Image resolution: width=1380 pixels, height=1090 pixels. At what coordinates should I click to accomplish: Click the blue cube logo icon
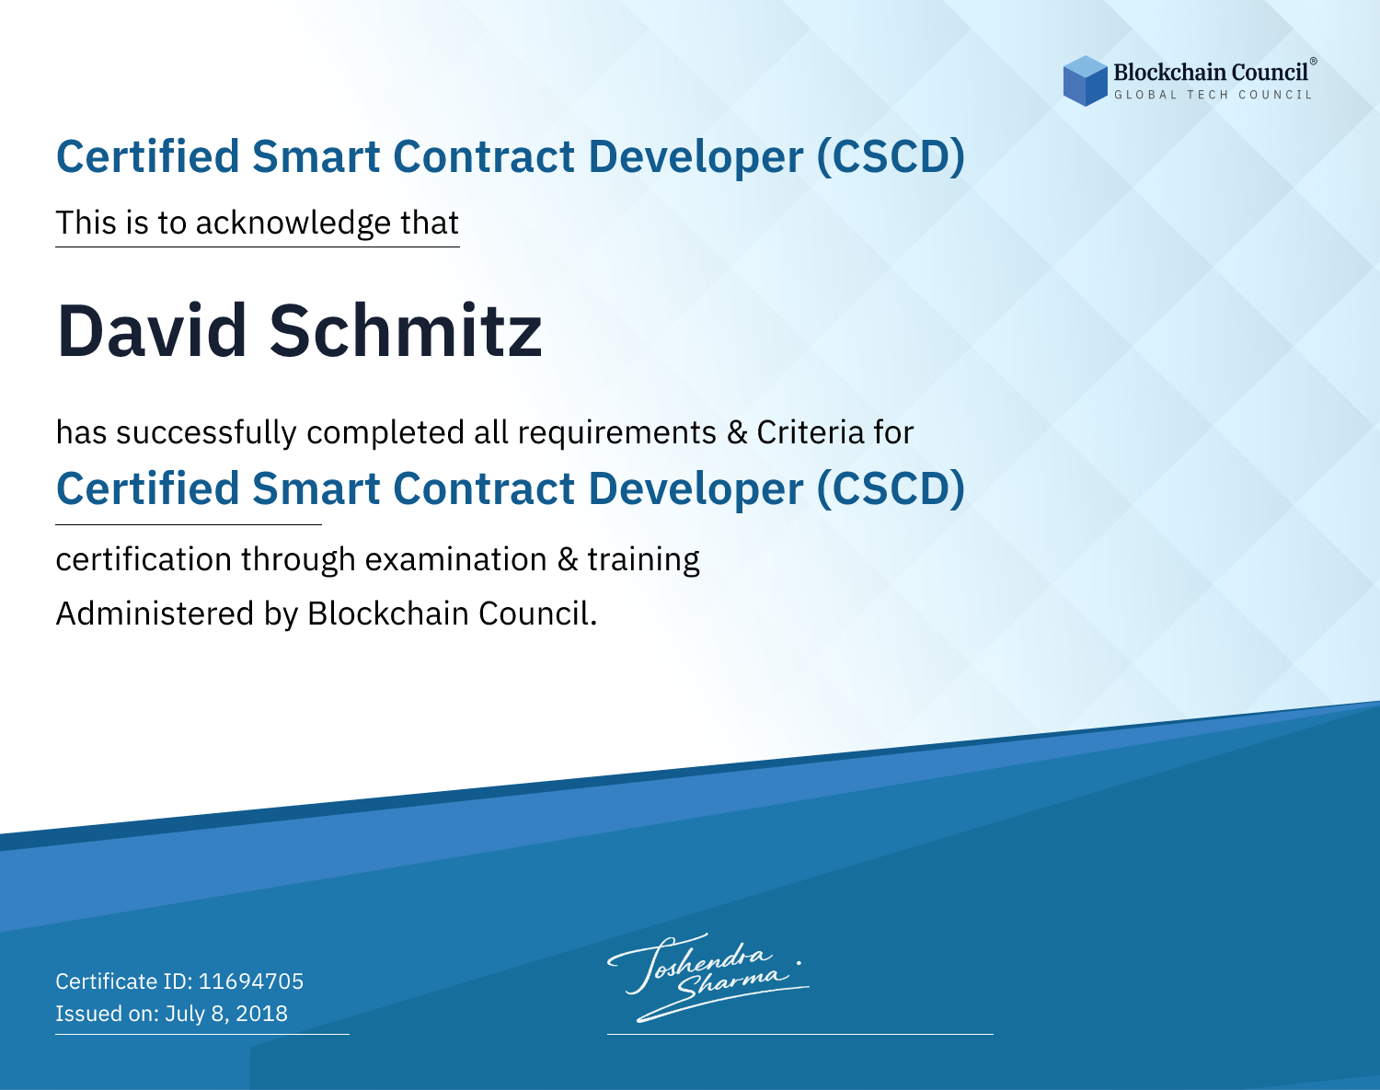(1085, 81)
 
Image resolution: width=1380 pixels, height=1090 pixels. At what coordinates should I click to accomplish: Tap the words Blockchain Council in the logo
(1211, 73)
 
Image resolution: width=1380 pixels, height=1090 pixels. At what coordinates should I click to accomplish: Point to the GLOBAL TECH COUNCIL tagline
(1213, 95)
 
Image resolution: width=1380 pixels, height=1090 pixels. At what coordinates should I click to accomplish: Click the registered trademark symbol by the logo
(1314, 61)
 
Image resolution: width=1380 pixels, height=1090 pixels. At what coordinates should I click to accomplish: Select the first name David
(152, 331)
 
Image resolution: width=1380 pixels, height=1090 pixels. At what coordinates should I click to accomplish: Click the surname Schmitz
(406, 331)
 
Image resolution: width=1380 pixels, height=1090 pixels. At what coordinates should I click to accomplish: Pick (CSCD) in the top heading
(891, 157)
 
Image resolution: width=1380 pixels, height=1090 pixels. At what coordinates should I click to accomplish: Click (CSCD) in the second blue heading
(891, 489)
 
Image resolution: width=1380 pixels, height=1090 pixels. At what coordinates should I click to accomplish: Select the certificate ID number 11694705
(251, 981)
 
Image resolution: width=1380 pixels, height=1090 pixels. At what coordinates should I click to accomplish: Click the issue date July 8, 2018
(226, 1014)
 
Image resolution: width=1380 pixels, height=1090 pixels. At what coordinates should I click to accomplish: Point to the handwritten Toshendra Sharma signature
(708, 977)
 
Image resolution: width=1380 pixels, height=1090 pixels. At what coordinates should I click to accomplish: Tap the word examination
(456, 559)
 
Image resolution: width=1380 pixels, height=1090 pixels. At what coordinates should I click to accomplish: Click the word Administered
(155, 614)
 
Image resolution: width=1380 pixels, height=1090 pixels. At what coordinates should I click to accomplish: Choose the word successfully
(206, 433)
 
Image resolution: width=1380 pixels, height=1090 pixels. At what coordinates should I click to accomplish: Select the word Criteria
(810, 433)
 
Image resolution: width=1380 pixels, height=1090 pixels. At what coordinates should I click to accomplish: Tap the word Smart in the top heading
(316, 157)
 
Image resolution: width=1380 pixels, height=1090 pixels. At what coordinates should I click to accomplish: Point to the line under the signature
(800, 1034)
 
